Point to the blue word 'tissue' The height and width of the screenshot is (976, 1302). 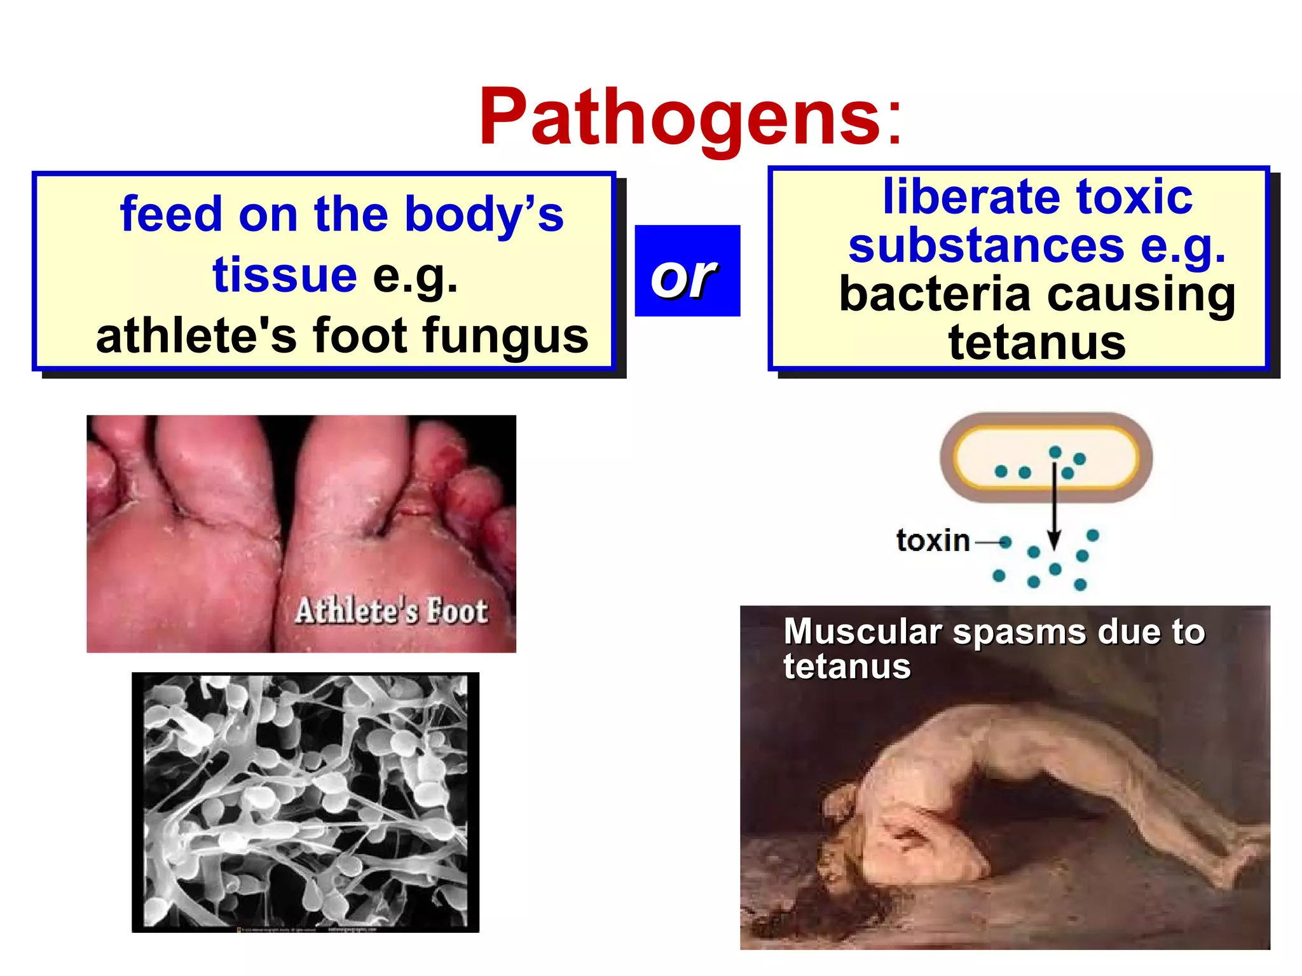click(284, 274)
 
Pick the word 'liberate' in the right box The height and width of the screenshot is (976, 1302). click(970, 196)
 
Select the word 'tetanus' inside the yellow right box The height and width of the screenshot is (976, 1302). click(1037, 342)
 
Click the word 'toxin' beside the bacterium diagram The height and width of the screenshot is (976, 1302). click(933, 541)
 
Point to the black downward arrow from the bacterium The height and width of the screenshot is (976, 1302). click(1054, 508)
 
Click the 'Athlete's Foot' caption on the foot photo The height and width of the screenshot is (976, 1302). click(392, 611)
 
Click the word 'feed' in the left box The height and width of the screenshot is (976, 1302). click(171, 214)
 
